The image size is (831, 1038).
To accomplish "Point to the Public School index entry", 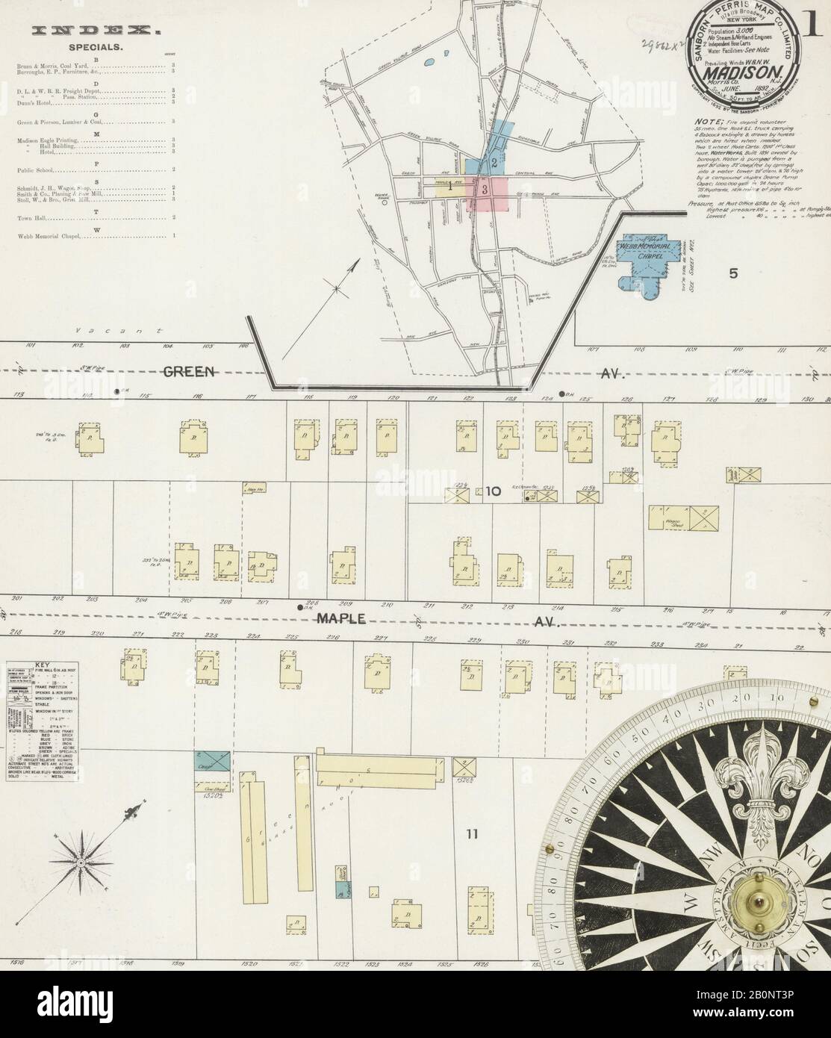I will click(x=30, y=170).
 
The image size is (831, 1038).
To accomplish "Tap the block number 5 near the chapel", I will click(x=733, y=273).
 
